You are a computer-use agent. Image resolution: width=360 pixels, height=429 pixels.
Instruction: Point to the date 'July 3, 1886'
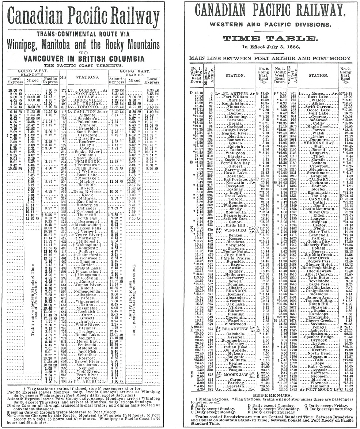(x=284, y=47)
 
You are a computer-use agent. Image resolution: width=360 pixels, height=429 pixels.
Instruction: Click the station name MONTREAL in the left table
(x=87, y=94)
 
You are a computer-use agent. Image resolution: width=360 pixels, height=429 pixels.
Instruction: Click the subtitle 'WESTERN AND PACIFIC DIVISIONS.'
(x=271, y=26)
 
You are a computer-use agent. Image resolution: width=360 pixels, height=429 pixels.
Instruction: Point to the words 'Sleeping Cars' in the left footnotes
(x=26, y=411)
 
